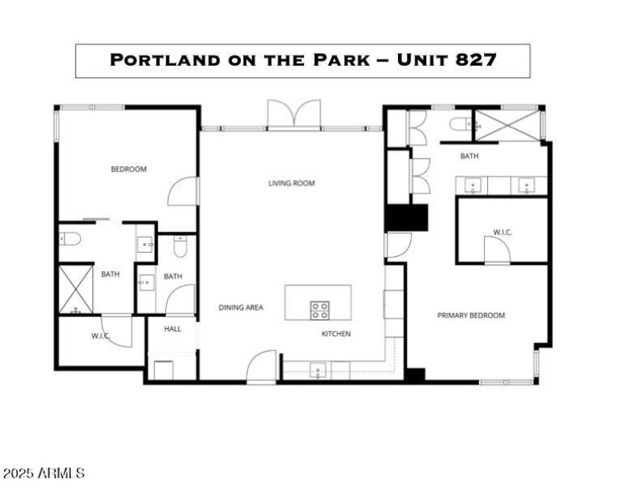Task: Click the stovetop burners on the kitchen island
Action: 319,310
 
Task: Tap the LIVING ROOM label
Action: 291,183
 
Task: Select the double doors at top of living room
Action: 294,114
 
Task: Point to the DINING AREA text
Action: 241,307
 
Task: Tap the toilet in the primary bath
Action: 461,124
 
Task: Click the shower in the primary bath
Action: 507,126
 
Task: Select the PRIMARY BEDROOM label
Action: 471,315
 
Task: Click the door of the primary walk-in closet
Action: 497,250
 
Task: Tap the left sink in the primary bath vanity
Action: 473,186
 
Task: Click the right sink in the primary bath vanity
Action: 527,186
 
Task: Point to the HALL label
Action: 173,328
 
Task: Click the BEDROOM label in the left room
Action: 128,169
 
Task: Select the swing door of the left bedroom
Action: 184,192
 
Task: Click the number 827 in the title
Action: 473,60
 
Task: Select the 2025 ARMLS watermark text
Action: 43,474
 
